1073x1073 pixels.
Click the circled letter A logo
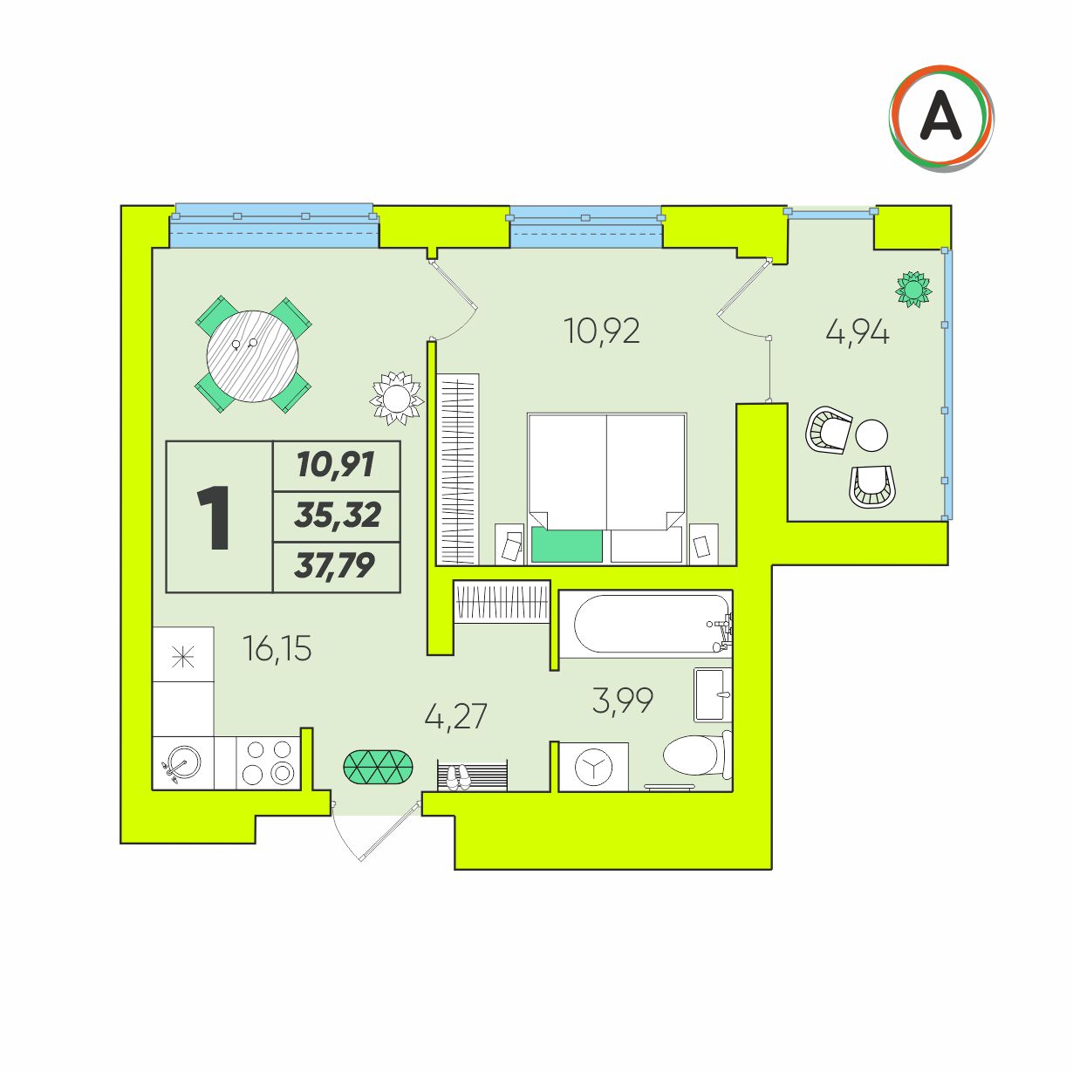pyautogui.click(x=941, y=118)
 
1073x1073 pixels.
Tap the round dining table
pyautogui.click(x=252, y=356)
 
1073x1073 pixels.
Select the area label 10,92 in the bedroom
pyautogui.click(x=601, y=331)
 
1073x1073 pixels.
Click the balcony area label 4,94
pyautogui.click(x=858, y=334)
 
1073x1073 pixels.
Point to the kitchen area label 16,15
pyautogui.click(x=277, y=649)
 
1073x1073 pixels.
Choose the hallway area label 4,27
pyautogui.click(x=455, y=716)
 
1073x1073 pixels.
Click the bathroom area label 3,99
pyautogui.click(x=623, y=701)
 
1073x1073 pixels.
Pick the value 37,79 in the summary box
pyautogui.click(x=335, y=566)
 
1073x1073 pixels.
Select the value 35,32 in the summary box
pyautogui.click(x=338, y=515)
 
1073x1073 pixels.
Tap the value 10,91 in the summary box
pyautogui.click(x=336, y=465)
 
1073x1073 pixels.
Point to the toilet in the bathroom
pyautogui.click(x=697, y=755)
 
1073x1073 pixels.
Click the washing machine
pyautogui.click(x=593, y=767)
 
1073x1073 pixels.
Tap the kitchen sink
pyautogui.click(x=181, y=762)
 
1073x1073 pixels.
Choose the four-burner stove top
pyautogui.click(x=269, y=762)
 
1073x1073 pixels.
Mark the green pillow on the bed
pyautogui.click(x=567, y=546)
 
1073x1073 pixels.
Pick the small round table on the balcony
pyautogui.click(x=871, y=435)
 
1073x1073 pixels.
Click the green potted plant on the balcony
pyautogui.click(x=913, y=289)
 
